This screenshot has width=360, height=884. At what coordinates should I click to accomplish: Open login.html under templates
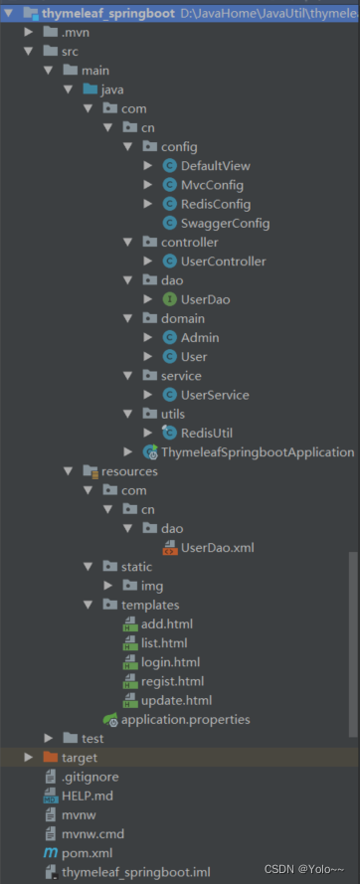click(x=170, y=662)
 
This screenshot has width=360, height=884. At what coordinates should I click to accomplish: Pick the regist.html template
click(x=172, y=681)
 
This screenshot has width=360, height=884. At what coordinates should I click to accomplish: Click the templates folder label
click(x=150, y=605)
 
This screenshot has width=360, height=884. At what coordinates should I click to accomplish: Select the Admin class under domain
click(x=200, y=338)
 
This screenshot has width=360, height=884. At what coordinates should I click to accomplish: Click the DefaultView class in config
click(x=216, y=166)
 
